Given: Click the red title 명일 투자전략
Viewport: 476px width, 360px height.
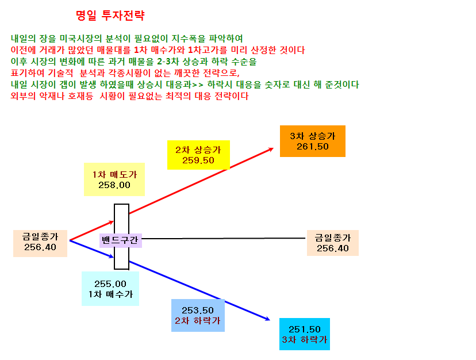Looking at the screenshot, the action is [110, 15].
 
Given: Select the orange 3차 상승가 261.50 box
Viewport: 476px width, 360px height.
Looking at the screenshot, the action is [313, 141].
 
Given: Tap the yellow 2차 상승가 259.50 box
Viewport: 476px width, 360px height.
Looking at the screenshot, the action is [198, 155].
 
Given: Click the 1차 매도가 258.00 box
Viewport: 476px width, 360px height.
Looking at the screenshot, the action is [114, 179].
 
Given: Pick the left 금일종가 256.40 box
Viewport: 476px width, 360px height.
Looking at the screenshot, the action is [40, 243].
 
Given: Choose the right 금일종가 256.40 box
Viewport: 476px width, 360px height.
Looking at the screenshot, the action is [333, 243].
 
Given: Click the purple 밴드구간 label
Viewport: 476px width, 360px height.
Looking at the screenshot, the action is [121, 240].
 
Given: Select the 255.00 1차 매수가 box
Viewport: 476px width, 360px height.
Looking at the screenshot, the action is [110, 289].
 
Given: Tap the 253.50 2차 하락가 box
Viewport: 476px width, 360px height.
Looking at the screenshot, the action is [198, 315].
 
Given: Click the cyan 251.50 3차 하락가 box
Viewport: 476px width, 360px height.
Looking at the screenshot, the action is [305, 334].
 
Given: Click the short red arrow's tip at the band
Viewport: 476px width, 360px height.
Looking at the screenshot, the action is [114, 222].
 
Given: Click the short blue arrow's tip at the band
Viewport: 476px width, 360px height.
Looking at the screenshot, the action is [114, 258].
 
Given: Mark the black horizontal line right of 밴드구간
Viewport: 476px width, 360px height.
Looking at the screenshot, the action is [224, 239].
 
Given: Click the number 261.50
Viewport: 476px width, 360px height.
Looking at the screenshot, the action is [313, 147].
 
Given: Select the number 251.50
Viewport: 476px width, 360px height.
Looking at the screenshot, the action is [305, 330].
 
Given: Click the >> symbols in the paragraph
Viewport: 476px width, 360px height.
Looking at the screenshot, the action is [198, 85].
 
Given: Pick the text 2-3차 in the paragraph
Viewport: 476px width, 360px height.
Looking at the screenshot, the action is [167, 62].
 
